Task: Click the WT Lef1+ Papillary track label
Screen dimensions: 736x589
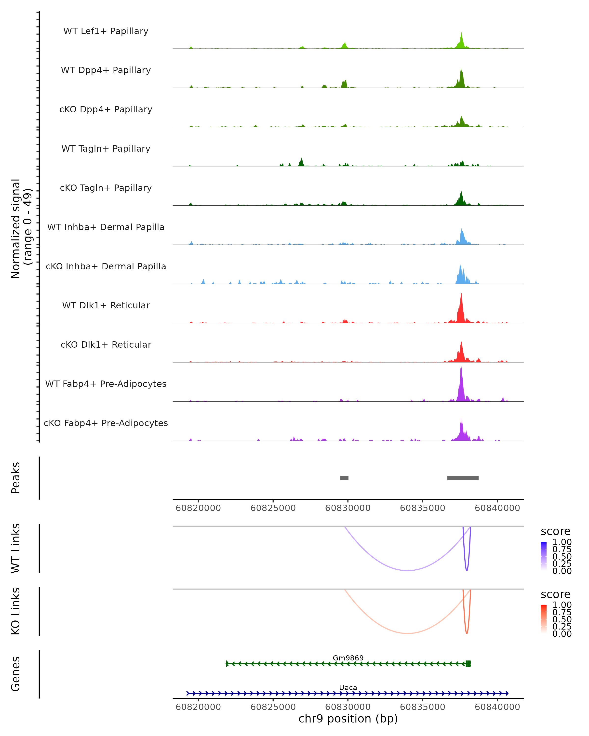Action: point(106,31)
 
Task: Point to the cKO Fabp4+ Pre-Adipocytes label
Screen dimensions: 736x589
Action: point(106,423)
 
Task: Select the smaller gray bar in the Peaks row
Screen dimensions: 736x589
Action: point(344,478)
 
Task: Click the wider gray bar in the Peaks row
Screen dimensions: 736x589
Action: point(463,478)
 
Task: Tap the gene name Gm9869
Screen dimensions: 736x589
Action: point(348,658)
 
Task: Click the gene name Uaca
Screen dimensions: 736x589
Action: point(348,687)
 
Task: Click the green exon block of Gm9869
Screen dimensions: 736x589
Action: point(468,664)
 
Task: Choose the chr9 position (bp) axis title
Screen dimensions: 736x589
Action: point(348,719)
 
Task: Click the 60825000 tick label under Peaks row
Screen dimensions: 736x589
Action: point(273,508)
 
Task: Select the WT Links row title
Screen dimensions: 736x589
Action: point(16,548)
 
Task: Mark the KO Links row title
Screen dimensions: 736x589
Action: point(16,611)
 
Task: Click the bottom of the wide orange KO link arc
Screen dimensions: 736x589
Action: point(407,633)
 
